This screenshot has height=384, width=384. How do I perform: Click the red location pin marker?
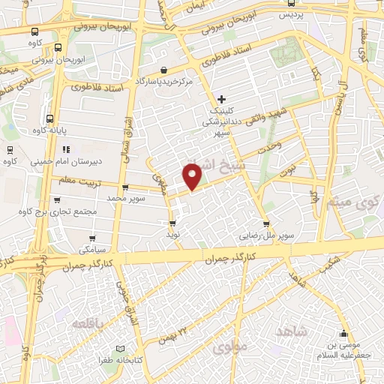(193, 176)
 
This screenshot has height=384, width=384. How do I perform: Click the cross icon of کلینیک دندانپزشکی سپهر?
(221, 98)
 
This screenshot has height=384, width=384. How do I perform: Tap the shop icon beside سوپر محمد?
(124, 187)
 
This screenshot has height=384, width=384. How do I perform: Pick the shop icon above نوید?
(173, 223)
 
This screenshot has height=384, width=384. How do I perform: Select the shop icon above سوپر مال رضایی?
(265, 223)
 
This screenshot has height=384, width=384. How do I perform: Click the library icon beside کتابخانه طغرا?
(121, 349)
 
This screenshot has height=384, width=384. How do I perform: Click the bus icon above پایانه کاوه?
(50, 118)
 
